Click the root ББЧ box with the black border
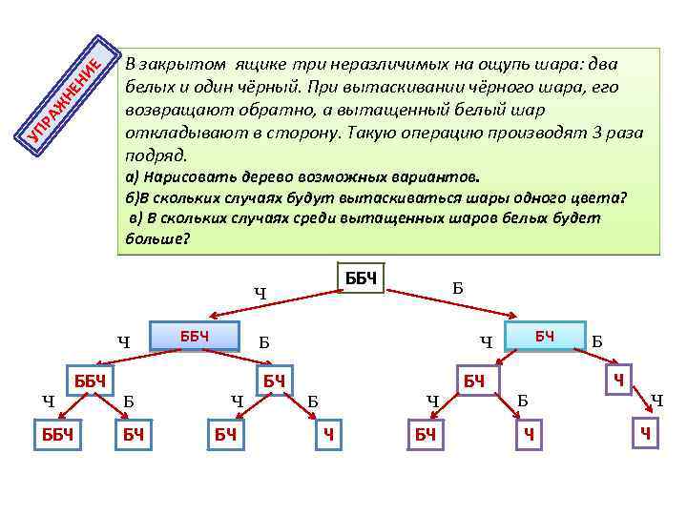pyautogui.click(x=362, y=278)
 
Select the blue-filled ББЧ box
pyautogui.click(x=194, y=336)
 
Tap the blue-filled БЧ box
pyautogui.click(x=545, y=335)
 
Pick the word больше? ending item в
pyautogui.click(x=158, y=238)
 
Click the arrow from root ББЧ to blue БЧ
pyautogui.click(x=458, y=299)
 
